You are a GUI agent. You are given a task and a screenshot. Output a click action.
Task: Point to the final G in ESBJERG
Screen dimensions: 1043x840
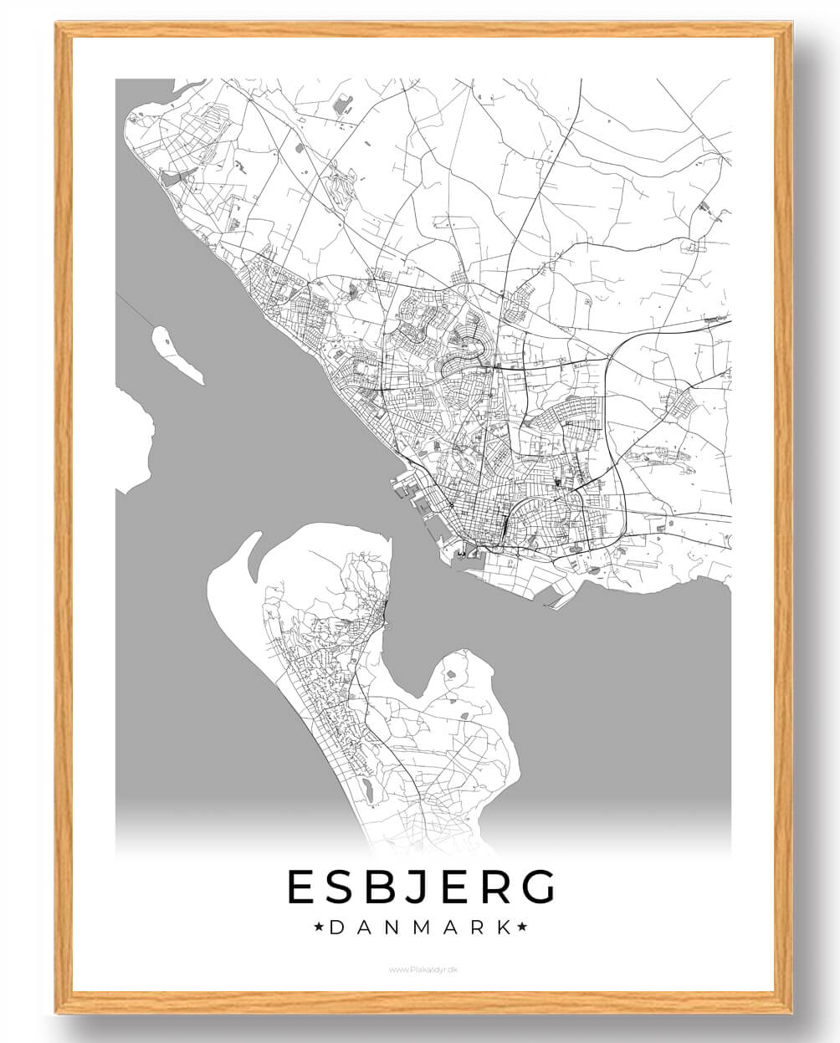coord(535,887)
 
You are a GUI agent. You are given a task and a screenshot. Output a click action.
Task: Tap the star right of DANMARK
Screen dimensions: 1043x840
coord(522,927)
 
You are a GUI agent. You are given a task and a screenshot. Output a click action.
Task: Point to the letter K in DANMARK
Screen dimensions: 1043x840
coord(503,927)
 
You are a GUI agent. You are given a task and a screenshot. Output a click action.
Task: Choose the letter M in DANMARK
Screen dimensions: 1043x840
coord(419,927)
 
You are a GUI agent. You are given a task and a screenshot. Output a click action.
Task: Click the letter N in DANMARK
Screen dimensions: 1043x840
coord(391,927)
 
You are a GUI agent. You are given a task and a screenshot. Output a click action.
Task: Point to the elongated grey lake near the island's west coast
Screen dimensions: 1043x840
coord(366,787)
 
